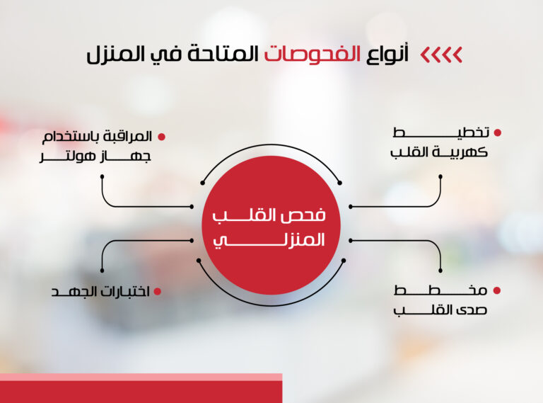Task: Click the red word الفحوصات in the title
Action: pyautogui.click(x=313, y=55)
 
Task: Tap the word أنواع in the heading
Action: pyautogui.click(x=388, y=54)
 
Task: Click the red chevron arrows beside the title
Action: pyautogui.click(x=441, y=55)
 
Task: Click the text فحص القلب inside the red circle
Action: pyautogui.click(x=269, y=215)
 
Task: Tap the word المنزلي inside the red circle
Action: pyautogui.click(x=269, y=240)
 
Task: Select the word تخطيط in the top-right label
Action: pyautogui.click(x=441, y=132)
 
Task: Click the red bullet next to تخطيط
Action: pyautogui.click(x=498, y=132)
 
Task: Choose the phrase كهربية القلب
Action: pyautogui.click(x=439, y=152)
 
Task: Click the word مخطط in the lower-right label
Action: pyautogui.click(x=440, y=290)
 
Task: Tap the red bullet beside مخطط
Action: pyautogui.click(x=497, y=290)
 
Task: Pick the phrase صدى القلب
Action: pyautogui.click(x=440, y=310)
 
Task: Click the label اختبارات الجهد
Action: pyautogui.click(x=100, y=292)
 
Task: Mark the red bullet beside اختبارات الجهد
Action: pyautogui.click(x=158, y=291)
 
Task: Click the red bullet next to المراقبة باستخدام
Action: pyautogui.click(x=161, y=137)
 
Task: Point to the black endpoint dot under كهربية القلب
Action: pyautogui.click(x=440, y=176)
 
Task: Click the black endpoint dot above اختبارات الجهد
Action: pyautogui.click(x=102, y=271)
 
